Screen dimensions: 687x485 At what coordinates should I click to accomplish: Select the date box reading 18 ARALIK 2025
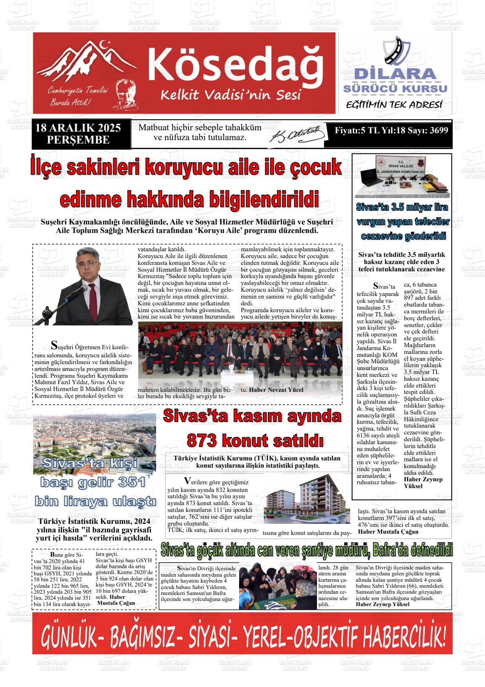tap(78, 134)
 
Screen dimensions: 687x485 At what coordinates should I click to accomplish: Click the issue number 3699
tap(439, 131)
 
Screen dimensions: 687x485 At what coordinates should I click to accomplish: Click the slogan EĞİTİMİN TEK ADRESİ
tap(394, 105)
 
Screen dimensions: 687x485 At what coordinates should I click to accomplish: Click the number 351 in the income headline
tap(132, 482)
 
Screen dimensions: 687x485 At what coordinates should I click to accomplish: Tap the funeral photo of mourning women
tap(278, 589)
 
